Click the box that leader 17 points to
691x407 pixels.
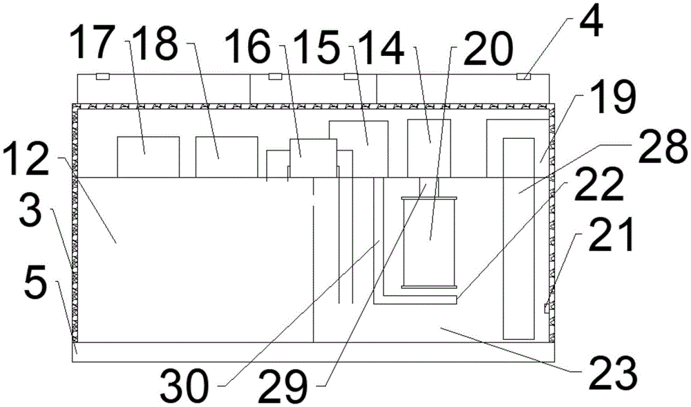(148, 157)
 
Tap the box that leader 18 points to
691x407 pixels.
(227, 157)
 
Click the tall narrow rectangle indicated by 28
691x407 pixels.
(518, 238)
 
